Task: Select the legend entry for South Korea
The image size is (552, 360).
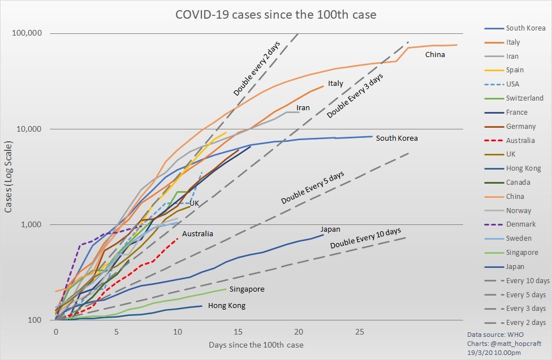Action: (525, 28)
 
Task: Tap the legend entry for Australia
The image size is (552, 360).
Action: (520, 141)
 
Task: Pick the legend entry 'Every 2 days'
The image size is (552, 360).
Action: (526, 323)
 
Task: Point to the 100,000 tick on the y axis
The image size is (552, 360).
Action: (27, 33)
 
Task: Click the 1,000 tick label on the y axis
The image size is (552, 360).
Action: (32, 224)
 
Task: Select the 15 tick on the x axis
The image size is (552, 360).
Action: (238, 331)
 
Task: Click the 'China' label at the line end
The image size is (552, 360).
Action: (435, 55)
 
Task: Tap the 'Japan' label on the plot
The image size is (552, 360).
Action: (330, 229)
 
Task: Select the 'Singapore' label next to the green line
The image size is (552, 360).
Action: (247, 289)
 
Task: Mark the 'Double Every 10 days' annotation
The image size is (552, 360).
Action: (365, 238)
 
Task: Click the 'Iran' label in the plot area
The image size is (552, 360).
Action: (303, 107)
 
